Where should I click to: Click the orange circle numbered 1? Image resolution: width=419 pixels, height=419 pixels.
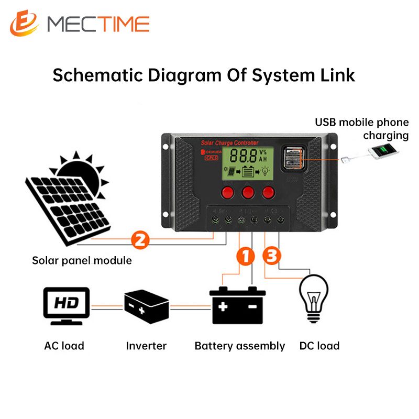coord(245,257)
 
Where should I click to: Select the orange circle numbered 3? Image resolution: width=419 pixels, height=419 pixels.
coord(272,257)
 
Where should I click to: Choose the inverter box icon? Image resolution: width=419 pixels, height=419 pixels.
coord(146,306)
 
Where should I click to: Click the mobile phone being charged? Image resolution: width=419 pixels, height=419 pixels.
coord(383,152)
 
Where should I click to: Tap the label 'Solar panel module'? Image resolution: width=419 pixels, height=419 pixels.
coord(82,260)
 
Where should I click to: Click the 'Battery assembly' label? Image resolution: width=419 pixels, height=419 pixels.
coord(240,346)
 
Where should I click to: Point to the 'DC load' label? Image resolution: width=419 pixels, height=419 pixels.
coord(319,346)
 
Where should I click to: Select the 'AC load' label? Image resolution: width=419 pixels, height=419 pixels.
coord(64,346)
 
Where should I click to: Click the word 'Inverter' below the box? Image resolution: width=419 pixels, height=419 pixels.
coord(146,346)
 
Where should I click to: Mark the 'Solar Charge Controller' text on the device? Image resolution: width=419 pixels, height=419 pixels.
coord(230,143)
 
